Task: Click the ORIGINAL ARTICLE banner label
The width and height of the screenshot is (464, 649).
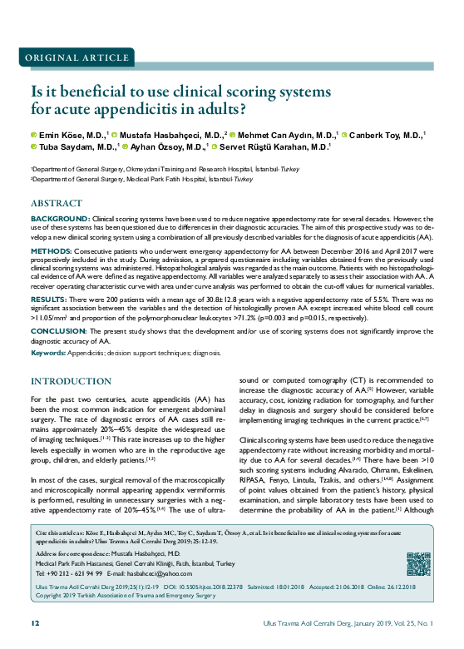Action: (x=74, y=58)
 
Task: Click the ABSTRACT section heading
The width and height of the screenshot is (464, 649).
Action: (x=57, y=203)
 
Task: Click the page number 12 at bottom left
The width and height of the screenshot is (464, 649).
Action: (x=35, y=622)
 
